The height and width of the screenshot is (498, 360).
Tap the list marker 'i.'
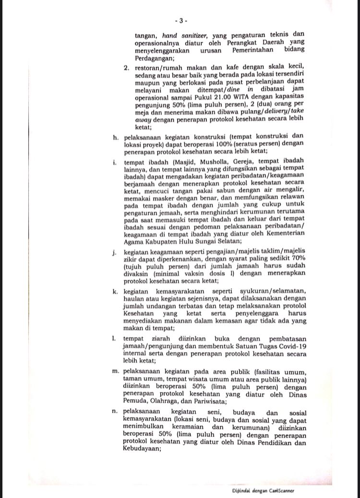[x=116, y=162]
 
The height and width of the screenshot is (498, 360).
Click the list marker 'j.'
[x=116, y=251]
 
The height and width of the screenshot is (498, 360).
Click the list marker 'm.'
[x=116, y=372]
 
